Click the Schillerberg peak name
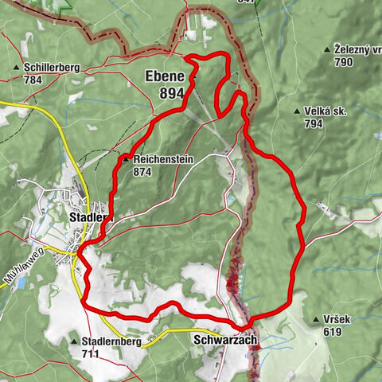pos(52,68)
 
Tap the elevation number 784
pos(35,80)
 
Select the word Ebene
pos(165,77)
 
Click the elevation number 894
pos(171,93)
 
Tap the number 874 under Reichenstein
pos(143,171)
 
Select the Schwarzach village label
pos(226,339)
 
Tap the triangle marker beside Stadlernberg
pos(73,341)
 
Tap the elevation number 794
pos(314,124)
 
